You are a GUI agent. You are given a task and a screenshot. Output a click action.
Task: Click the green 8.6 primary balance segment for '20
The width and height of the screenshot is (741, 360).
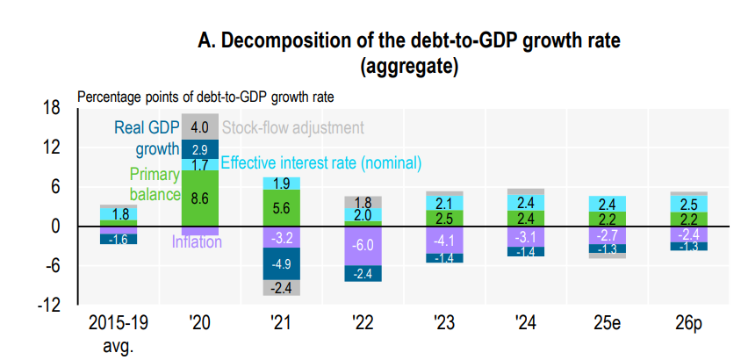click(199, 198)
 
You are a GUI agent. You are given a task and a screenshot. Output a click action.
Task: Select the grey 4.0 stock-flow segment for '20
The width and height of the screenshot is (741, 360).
click(199, 127)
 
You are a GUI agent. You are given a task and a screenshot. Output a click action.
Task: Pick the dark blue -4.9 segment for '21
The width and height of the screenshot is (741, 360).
click(281, 263)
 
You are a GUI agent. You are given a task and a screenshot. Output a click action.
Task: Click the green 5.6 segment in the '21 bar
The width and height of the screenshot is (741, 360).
click(281, 208)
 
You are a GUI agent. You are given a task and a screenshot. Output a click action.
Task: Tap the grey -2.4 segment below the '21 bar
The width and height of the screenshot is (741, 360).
click(281, 287)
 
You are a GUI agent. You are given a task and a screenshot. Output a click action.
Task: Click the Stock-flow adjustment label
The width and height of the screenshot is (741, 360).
click(292, 128)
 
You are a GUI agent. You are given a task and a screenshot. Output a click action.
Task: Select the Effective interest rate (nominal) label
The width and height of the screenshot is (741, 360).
click(321, 163)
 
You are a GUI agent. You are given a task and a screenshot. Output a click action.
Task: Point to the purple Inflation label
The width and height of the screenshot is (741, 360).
click(197, 241)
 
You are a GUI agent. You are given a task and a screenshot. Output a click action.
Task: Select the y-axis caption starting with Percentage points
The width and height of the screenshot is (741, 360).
click(205, 96)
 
